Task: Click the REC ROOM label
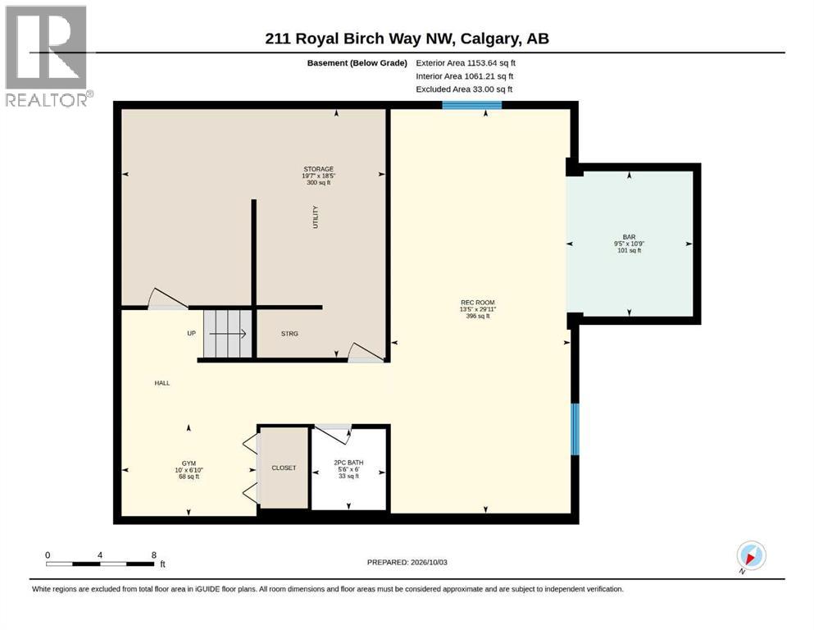click(x=478, y=302)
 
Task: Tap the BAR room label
click(x=630, y=237)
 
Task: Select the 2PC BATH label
click(x=348, y=462)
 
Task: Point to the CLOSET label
click(x=284, y=468)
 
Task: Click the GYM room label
click(x=189, y=463)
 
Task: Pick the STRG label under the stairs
click(x=289, y=333)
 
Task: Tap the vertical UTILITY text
click(x=315, y=217)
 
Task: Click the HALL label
click(x=162, y=383)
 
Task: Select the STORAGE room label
click(x=319, y=169)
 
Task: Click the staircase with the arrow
click(x=228, y=334)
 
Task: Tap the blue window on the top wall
click(x=472, y=105)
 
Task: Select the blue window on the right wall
click(x=575, y=430)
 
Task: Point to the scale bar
click(x=100, y=564)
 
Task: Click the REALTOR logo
click(x=48, y=56)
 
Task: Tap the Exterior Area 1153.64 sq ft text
click(x=466, y=63)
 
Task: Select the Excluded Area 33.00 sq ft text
click(x=464, y=89)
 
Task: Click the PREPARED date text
click(x=407, y=562)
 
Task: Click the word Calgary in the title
click(x=490, y=39)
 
